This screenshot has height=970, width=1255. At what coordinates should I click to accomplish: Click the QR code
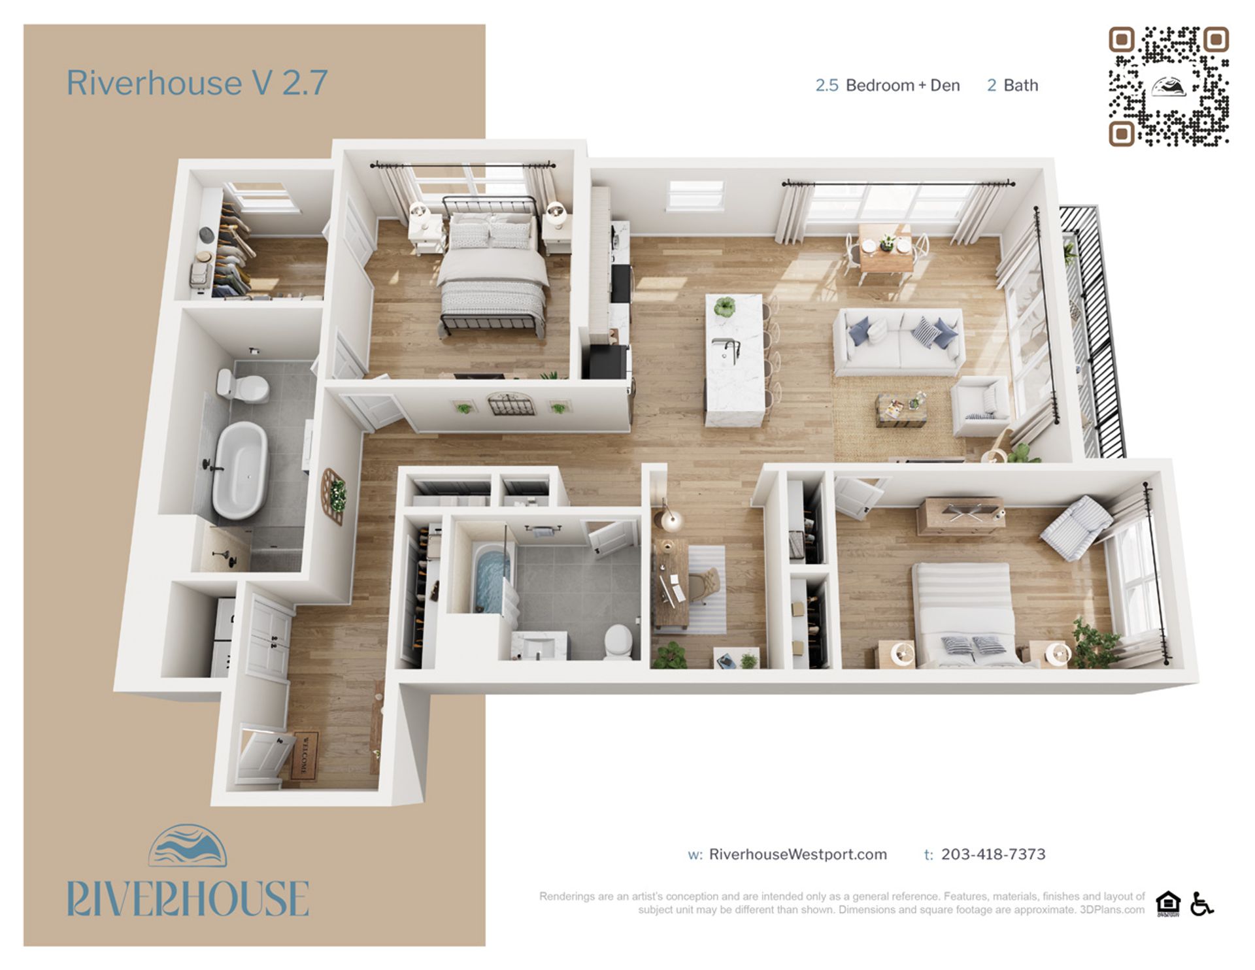click(1168, 86)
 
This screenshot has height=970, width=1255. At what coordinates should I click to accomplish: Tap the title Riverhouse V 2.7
click(197, 83)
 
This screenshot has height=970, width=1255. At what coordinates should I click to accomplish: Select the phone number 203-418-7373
click(993, 854)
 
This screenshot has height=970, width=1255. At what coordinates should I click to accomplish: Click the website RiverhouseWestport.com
click(797, 854)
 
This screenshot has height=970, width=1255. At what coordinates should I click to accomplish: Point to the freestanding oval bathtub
click(240, 469)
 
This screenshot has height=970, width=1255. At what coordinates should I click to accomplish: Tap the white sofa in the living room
click(899, 342)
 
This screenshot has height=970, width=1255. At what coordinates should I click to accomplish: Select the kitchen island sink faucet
click(732, 350)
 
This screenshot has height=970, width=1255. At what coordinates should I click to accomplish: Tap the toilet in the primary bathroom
click(243, 386)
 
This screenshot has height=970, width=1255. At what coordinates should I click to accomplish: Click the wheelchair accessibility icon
click(1201, 904)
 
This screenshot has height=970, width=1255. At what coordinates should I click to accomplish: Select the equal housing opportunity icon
click(1168, 904)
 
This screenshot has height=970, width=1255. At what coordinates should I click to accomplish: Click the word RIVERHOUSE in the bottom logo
click(188, 899)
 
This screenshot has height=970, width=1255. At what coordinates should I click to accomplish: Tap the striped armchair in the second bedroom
click(1075, 526)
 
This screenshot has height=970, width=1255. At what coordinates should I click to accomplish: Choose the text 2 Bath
click(1012, 86)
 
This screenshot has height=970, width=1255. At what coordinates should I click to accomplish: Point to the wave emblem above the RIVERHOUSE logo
click(188, 846)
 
